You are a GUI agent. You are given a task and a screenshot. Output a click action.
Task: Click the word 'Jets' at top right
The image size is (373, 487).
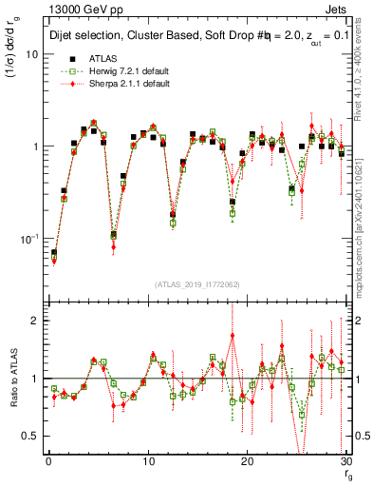[x=335, y=10]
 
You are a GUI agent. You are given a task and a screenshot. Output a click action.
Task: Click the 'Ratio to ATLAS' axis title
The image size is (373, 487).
[x=12, y=380]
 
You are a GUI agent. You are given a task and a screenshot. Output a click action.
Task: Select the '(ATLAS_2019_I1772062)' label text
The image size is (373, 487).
[x=196, y=284]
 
